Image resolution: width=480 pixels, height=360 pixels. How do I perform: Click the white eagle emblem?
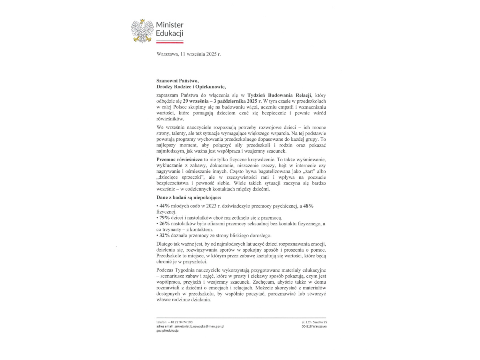[143, 30]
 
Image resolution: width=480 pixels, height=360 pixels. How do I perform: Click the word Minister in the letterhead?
[170, 25]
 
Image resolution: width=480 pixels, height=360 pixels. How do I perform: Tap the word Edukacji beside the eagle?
[170, 34]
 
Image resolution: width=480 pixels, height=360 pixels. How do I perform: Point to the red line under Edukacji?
[170, 42]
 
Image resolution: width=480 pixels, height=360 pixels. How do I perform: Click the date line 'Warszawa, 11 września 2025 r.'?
[188, 54]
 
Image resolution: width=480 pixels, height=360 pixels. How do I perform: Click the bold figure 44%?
[164, 205]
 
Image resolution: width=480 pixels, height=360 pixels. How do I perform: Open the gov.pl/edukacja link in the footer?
[167, 331]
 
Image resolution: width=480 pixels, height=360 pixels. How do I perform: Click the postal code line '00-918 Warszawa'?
[314, 326]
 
